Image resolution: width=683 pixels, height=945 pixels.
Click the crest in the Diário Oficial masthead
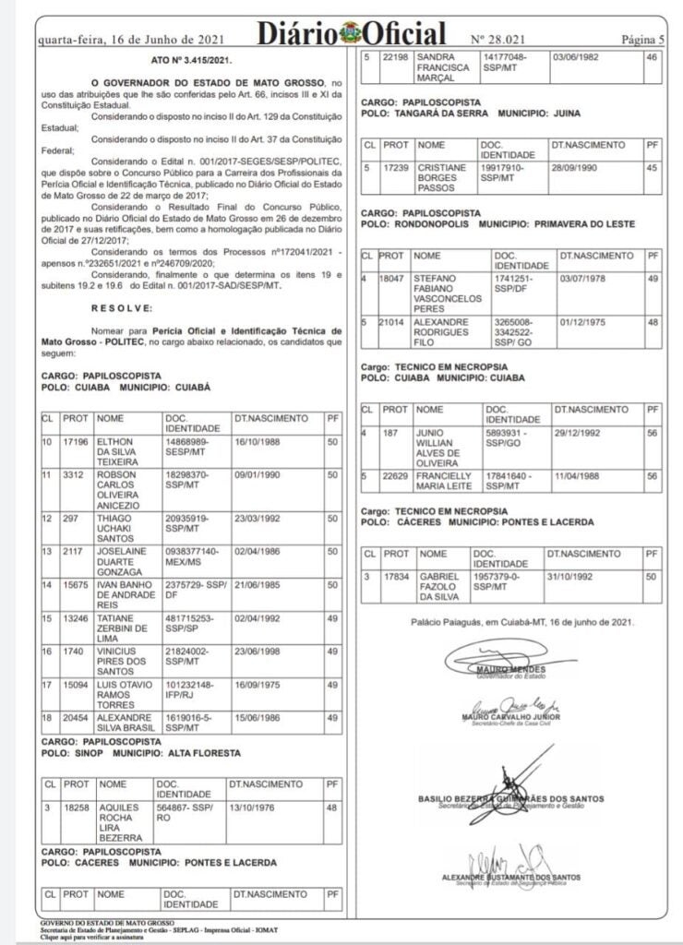(351, 35)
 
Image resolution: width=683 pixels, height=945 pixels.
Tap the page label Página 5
(642, 40)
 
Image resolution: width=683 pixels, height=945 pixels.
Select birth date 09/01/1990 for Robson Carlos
(258, 475)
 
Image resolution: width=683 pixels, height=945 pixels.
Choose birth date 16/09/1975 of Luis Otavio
(258, 686)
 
